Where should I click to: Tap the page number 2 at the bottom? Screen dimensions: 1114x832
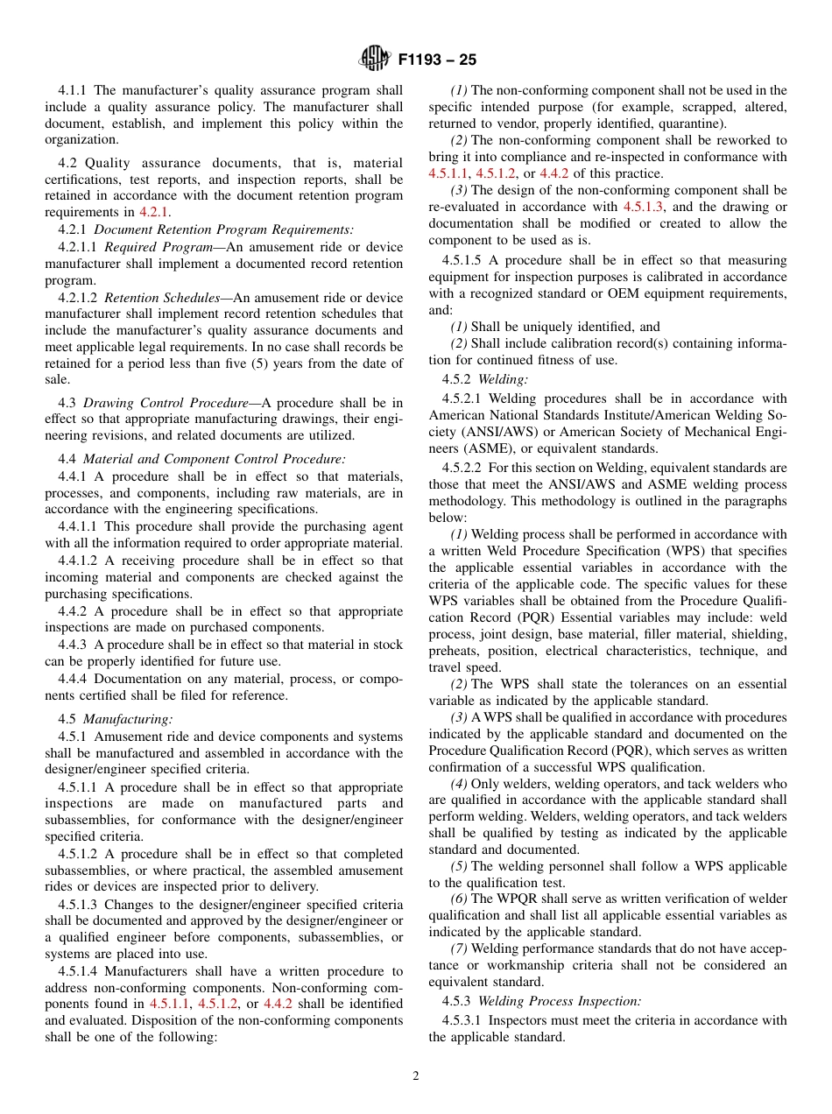tap(416, 1076)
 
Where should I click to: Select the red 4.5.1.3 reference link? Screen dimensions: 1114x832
tap(643, 207)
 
